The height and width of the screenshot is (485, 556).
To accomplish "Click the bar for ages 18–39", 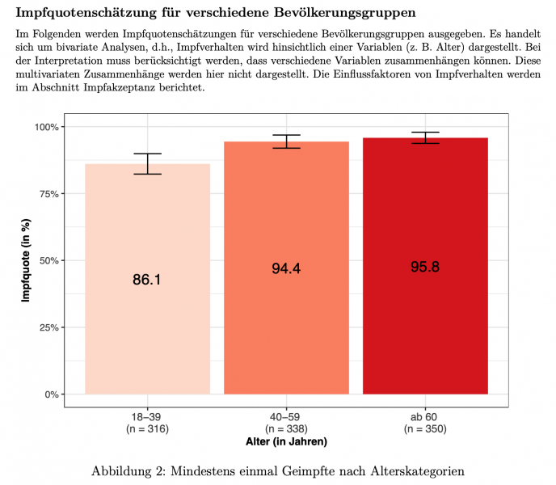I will [x=147, y=323].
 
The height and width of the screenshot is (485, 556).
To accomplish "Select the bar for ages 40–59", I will [x=286, y=323].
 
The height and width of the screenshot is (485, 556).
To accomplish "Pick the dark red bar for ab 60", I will [x=425, y=323].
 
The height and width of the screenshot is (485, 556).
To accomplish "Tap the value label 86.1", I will [x=147, y=280].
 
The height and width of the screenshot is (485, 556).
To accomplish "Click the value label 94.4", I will [x=286, y=269].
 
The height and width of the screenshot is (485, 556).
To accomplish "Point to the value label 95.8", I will [x=425, y=267].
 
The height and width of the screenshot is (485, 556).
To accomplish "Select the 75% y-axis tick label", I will [x=46, y=194].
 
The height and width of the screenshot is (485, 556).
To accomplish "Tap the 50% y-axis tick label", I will [x=46, y=260].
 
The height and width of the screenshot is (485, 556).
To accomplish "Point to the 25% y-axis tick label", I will [x=46, y=327].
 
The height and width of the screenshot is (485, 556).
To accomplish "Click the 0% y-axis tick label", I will [x=48, y=394].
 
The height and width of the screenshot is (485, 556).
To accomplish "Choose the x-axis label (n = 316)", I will [x=147, y=428].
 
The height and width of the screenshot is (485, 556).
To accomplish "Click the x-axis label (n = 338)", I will [x=286, y=428].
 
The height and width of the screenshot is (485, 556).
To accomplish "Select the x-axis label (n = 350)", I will [x=425, y=428].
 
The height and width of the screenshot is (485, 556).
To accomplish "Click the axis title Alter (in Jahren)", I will [x=286, y=442].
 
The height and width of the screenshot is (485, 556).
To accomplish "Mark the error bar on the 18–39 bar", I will [x=147, y=163].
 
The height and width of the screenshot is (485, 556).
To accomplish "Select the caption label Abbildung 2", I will [x=129, y=470].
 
